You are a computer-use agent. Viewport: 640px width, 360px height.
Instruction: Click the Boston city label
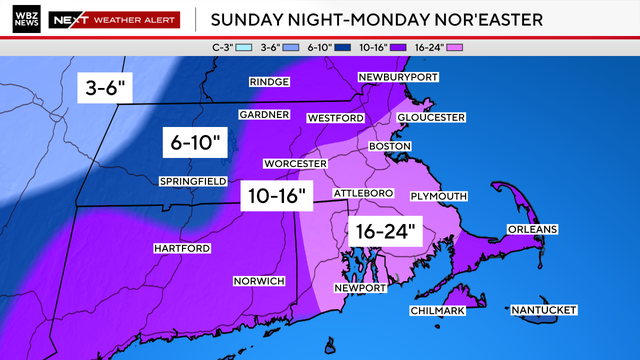391,146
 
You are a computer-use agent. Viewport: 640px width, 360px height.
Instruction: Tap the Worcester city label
296,163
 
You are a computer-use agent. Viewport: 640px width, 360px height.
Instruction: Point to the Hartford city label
182,247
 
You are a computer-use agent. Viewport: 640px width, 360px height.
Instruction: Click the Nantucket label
567,311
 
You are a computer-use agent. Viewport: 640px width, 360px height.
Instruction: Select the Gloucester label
432,118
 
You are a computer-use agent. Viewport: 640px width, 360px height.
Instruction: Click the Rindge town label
270,81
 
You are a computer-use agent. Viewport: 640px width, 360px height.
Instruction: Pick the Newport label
359,288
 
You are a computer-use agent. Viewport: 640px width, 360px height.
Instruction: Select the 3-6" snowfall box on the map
105,88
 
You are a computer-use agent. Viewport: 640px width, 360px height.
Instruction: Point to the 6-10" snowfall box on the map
196,142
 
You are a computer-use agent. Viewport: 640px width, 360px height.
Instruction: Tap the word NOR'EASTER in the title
494,19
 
